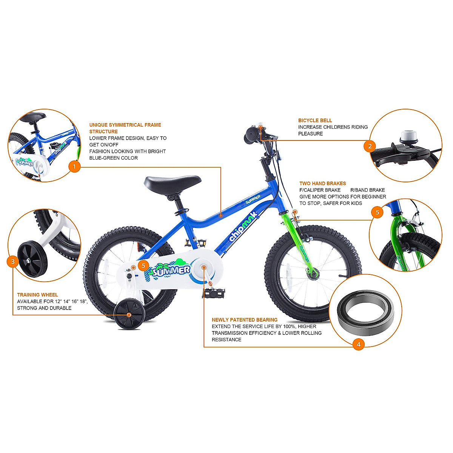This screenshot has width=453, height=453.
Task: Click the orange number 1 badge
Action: click(x=74, y=166)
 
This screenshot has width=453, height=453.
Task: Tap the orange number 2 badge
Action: click(x=370, y=146)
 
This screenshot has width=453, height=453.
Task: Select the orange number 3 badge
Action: click(x=13, y=261)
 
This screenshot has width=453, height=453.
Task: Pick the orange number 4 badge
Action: click(x=358, y=344)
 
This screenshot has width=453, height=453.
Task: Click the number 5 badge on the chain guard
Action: click(x=143, y=266)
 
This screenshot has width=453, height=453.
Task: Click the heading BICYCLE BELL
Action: click(x=315, y=120)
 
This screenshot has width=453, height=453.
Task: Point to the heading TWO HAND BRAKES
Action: click(x=323, y=183)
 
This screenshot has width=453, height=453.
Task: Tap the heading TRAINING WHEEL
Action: click(x=37, y=295)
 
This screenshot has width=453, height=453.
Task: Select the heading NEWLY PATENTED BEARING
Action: click(x=245, y=320)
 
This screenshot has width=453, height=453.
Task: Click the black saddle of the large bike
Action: click(x=172, y=183)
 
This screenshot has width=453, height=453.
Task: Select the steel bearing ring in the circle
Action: click(x=365, y=313)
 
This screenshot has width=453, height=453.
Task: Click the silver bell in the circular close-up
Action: click(x=407, y=136)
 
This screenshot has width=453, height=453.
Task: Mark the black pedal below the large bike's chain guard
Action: click(x=214, y=293)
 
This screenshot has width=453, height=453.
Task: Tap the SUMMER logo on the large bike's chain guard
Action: click(x=172, y=270)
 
